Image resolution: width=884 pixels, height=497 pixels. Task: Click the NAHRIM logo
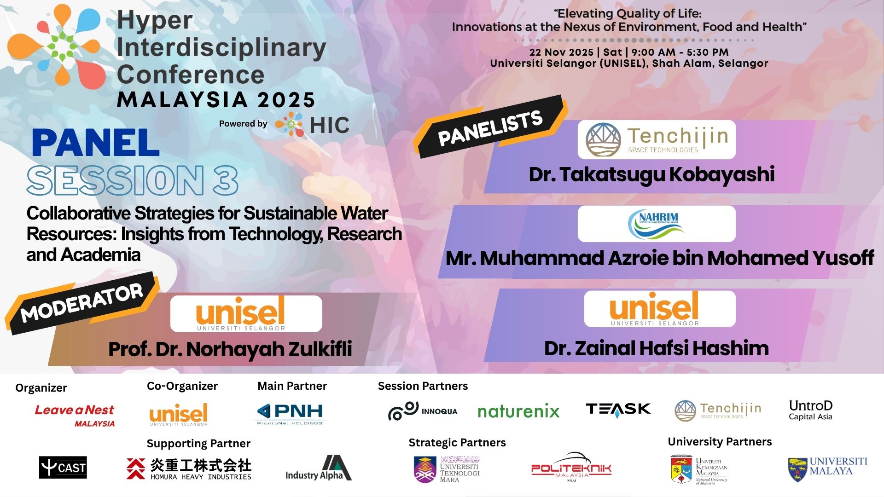tap(656, 224)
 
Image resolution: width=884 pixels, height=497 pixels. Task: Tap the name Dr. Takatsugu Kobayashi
tap(651, 175)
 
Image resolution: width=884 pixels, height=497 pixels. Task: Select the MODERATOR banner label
tap(82, 303)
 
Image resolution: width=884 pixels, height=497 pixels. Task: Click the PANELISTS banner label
tap(490, 128)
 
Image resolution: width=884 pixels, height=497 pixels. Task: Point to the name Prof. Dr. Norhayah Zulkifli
tap(230, 349)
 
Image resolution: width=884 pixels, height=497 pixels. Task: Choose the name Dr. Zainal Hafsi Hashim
tap(656, 348)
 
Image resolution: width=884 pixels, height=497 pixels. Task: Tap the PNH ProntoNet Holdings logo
tap(290, 413)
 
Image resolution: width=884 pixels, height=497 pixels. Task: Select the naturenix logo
tap(518, 411)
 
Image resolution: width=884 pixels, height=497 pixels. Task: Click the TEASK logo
tap(618, 409)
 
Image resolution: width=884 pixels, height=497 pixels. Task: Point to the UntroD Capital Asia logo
tap(810, 410)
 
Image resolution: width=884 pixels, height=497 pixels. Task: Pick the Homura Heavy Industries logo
tap(189, 469)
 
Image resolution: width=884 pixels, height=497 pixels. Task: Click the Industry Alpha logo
tap(319, 469)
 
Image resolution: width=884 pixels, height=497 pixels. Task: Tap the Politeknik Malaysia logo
tap(571, 468)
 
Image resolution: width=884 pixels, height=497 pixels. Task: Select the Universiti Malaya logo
tap(827, 468)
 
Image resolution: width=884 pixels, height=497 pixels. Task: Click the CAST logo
tap(63, 468)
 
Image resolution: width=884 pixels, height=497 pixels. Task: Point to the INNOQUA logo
tap(423, 411)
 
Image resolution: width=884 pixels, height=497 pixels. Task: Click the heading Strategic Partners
tap(457, 443)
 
